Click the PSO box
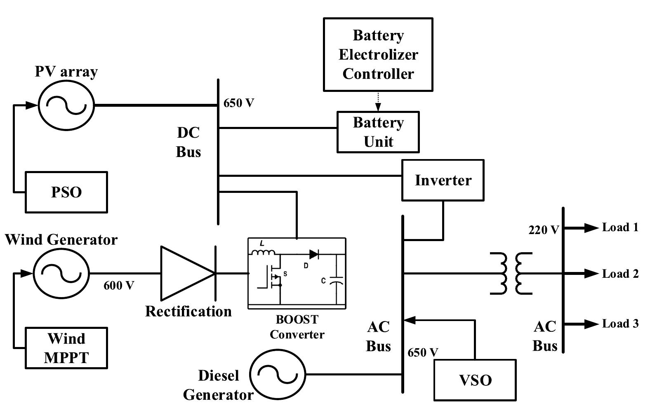click(x=66, y=192)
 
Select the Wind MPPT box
click(x=66, y=348)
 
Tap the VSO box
click(x=475, y=380)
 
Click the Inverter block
click(x=443, y=180)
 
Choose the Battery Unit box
click(x=378, y=132)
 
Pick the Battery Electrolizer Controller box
click(x=378, y=54)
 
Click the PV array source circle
click(x=66, y=106)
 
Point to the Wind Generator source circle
click(x=61, y=273)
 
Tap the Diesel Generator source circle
click(x=277, y=375)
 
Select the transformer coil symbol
click(x=511, y=273)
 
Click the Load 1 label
click(x=620, y=227)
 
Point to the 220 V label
click(x=544, y=230)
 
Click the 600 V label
click(x=119, y=285)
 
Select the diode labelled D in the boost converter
click(x=313, y=254)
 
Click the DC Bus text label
click(x=188, y=142)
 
